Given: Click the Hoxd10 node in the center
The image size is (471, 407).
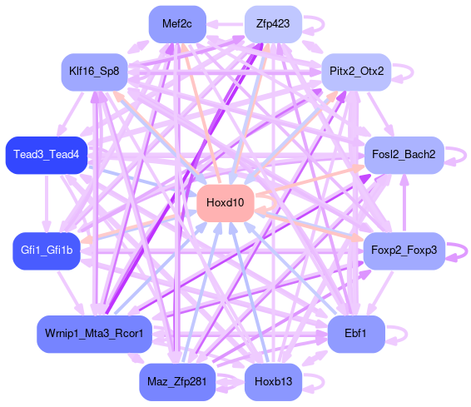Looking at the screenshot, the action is [226, 203].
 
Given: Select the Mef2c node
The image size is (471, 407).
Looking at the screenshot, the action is [177, 24].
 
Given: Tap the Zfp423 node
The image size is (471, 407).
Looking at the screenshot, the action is [273, 24].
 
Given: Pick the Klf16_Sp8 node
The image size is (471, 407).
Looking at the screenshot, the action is [94, 72].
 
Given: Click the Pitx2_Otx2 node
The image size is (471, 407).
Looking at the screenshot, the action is [356, 72].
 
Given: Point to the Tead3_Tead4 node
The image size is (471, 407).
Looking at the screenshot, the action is [47, 155].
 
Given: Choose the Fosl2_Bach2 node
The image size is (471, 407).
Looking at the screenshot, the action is [404, 155].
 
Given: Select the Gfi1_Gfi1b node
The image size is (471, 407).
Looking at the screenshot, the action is [47, 251].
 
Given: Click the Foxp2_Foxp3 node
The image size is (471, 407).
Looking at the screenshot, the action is [404, 251].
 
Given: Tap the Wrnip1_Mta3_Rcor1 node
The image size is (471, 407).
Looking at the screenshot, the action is [94, 334].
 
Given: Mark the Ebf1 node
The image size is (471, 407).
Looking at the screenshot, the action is [356, 334].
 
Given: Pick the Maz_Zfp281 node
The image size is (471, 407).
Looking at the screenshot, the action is [177, 382].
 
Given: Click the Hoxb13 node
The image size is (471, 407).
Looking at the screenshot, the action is [273, 382].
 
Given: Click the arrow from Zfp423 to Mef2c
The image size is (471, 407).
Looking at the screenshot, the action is [226, 24].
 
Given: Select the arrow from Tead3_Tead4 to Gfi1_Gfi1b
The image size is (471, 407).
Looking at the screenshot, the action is [47, 203].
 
